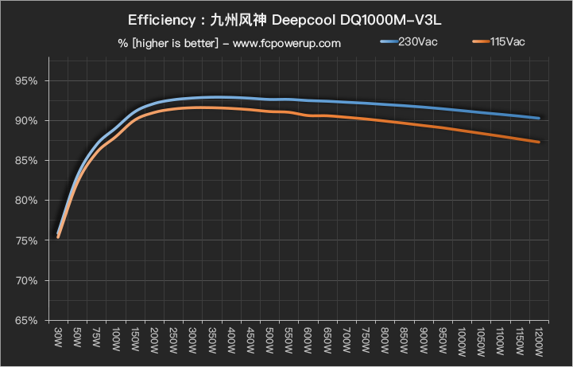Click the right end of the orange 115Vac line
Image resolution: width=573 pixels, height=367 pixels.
pyautogui.click(x=540, y=143)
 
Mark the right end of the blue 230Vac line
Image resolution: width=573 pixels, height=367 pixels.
pyautogui.click(x=540, y=118)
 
